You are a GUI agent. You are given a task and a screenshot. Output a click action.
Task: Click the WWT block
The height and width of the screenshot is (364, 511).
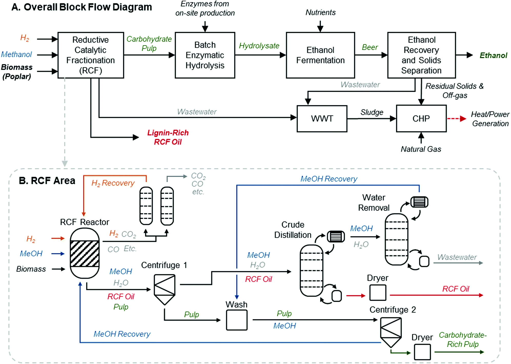pyautogui.click(x=322, y=119)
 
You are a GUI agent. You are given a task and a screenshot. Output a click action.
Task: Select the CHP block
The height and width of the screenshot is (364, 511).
pyautogui.click(x=421, y=119)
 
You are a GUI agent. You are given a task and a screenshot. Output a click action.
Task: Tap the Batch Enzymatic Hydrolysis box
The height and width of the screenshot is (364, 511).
pyautogui.click(x=205, y=55)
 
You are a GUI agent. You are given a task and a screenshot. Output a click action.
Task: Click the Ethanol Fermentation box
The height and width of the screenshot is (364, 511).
pyautogui.click(x=320, y=55)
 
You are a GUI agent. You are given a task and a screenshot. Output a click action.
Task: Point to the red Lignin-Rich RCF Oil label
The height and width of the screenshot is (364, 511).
pyautogui.click(x=168, y=137)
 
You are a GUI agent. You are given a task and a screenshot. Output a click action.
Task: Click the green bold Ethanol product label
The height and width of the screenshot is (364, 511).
pyautogui.click(x=493, y=55)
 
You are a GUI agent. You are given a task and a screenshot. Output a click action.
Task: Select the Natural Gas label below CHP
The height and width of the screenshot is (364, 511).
pyautogui.click(x=421, y=149)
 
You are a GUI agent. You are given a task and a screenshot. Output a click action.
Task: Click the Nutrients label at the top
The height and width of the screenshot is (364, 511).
pyautogui.click(x=320, y=12)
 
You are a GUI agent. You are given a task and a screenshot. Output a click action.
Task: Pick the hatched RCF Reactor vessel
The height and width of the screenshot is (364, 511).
pyautogui.click(x=85, y=253)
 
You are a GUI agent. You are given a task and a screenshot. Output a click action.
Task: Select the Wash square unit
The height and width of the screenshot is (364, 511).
pyautogui.click(x=237, y=320)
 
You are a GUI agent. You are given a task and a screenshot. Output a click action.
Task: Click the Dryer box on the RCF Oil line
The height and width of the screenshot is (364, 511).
pyautogui.click(x=378, y=293)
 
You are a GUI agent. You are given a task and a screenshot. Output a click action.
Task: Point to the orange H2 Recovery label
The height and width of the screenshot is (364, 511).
pyautogui.click(x=113, y=183)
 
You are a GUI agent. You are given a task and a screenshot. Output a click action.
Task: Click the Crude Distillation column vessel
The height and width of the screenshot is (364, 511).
pyautogui.click(x=311, y=270)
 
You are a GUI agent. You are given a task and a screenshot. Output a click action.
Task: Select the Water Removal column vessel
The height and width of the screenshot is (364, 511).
pyautogui.click(x=396, y=239)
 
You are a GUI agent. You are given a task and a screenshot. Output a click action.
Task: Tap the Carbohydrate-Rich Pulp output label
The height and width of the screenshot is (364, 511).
pyautogui.click(x=463, y=340)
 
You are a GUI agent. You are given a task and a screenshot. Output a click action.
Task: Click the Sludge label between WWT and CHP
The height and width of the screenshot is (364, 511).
pyautogui.click(x=372, y=112)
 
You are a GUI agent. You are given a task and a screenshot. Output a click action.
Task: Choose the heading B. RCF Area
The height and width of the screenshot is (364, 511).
pyautogui.click(x=47, y=181)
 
